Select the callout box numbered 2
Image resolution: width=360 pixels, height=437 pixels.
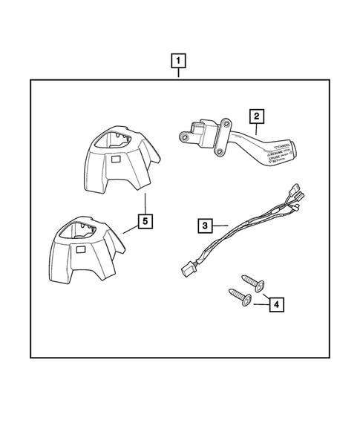coord(256,116)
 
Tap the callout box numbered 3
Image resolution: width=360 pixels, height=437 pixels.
coord(205,223)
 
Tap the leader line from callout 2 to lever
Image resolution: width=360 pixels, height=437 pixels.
coord(252,128)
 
